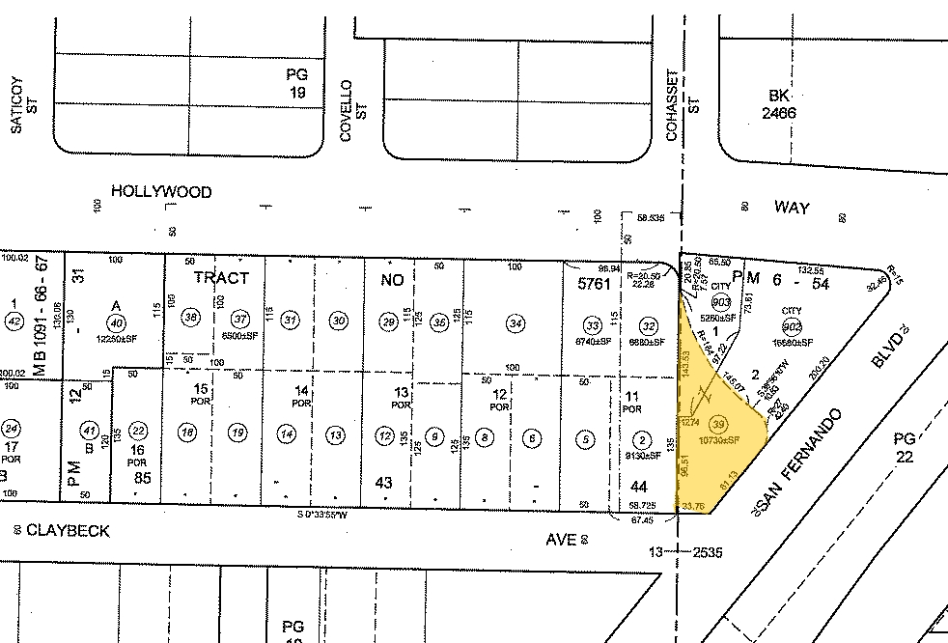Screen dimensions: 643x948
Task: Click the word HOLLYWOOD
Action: click(161, 192)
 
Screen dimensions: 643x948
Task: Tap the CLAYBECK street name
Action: click(68, 531)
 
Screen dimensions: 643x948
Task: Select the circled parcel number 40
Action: click(116, 322)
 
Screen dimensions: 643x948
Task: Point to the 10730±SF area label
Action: click(719, 440)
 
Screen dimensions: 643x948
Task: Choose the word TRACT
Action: click(221, 277)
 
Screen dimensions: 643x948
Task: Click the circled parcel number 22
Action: click(139, 431)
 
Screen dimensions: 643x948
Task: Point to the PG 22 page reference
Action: click(904, 449)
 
